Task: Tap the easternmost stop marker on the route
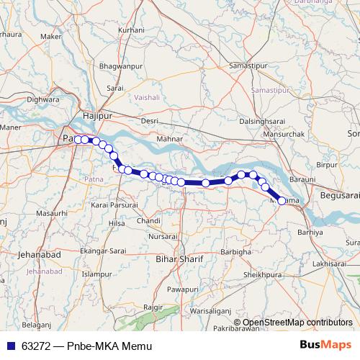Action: tap(282, 201)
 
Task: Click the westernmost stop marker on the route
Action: tap(76, 139)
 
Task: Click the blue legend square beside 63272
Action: tap(6, 346)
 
